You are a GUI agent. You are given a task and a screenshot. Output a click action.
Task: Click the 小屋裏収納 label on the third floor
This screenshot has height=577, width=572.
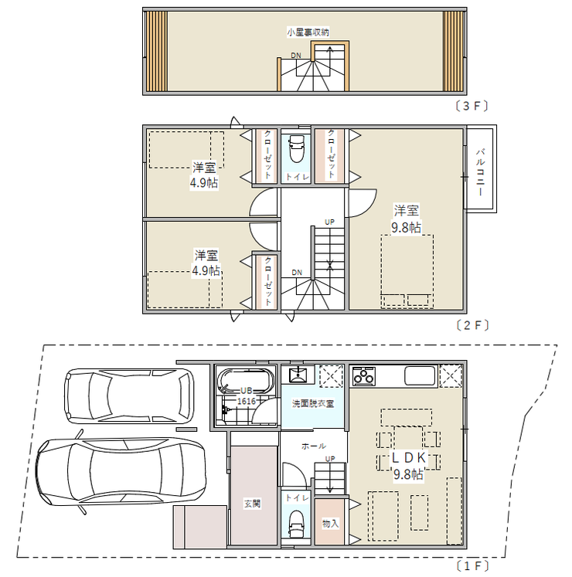308,32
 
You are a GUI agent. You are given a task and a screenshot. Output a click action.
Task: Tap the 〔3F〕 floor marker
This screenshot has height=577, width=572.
472,106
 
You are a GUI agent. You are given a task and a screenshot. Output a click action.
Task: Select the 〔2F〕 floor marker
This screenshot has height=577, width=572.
472,325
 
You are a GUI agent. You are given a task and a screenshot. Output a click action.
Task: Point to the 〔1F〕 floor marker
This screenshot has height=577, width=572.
472,566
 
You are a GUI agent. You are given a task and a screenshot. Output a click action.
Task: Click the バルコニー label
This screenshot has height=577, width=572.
480,171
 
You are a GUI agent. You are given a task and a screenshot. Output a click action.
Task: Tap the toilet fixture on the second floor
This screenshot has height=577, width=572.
297,149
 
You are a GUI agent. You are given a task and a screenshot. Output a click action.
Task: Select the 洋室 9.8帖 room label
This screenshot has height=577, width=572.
406,219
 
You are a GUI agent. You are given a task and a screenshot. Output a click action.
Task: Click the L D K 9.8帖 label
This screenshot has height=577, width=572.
408,466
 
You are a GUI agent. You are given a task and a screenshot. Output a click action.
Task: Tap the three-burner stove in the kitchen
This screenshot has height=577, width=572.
363,376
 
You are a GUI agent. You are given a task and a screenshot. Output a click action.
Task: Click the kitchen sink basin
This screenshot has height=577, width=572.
420,375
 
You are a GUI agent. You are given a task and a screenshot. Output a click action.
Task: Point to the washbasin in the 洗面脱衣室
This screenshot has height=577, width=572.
298,375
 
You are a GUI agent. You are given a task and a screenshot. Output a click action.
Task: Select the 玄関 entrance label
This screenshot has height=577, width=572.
252,503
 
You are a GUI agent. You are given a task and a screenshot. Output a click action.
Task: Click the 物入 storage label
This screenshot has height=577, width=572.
330,523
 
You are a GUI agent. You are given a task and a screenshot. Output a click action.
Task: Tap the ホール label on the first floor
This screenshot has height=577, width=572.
313,446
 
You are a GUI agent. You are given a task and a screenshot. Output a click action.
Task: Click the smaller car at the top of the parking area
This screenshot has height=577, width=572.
129,396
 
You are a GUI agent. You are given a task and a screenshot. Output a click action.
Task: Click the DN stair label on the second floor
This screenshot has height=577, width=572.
297,273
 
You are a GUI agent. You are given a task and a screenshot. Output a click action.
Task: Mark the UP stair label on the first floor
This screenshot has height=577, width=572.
330,459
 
